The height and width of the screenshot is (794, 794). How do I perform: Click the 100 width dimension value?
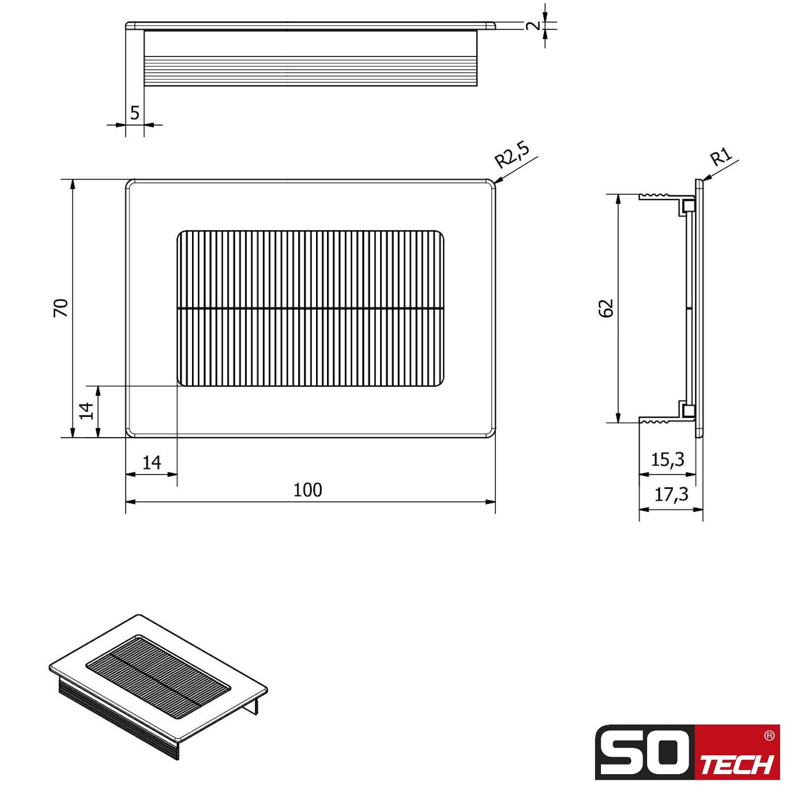click(x=308, y=490)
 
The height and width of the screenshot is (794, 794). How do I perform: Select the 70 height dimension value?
click(x=61, y=308)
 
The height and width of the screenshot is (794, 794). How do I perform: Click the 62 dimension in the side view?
click(x=606, y=308)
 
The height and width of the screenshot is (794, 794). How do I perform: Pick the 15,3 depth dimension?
click(x=667, y=460)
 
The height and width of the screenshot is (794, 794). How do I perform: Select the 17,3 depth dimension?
click(x=671, y=494)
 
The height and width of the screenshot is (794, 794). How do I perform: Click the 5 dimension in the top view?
click(x=135, y=113)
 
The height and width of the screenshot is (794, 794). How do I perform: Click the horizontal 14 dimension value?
click(x=151, y=463)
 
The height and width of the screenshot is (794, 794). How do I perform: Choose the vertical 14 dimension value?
click(x=87, y=411)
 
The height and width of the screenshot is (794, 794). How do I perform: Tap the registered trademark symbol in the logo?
click(x=769, y=736)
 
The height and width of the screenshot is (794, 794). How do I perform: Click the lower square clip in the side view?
click(x=688, y=410)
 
